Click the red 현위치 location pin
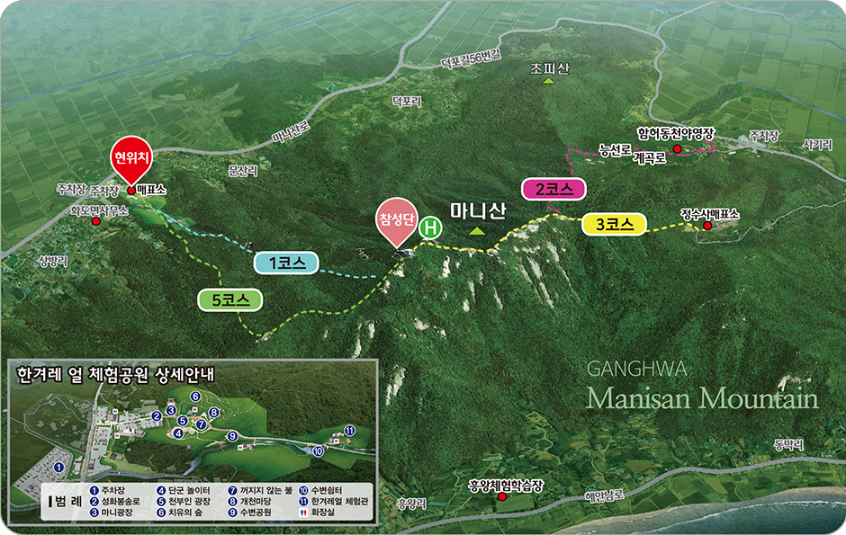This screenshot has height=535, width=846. tap(131, 158)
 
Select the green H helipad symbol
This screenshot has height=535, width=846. tap(431, 227)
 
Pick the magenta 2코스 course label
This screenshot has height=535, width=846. tap(553, 189)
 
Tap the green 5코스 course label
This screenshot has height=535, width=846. tap(229, 300)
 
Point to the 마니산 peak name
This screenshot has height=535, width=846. tap(479, 210)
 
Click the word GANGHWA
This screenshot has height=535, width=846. tap(636, 369)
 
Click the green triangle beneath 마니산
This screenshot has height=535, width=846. tap(476, 231)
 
